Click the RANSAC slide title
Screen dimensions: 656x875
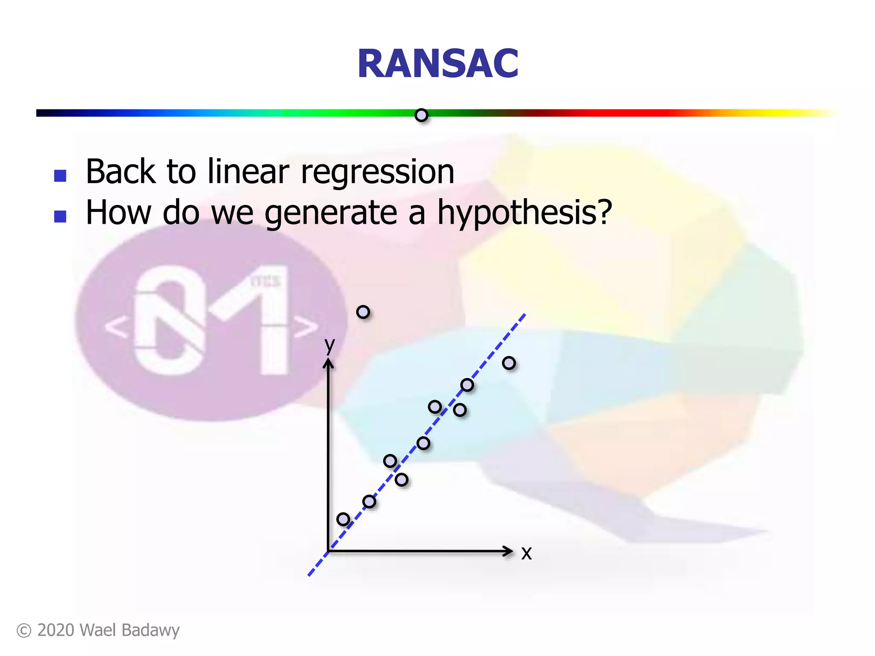pos(437,64)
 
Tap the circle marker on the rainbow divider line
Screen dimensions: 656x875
pos(421,115)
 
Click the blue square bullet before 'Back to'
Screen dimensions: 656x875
pos(60,176)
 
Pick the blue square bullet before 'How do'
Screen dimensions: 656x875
pos(60,217)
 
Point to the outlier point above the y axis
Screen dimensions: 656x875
pos(363,312)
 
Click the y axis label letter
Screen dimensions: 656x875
pos(329,345)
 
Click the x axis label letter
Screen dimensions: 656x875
pos(526,553)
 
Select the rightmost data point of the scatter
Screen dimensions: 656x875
pos(508,363)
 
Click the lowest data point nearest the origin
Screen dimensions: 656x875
pos(343,519)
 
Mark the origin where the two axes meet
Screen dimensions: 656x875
pos(328,551)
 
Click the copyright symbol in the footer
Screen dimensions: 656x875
pos(24,631)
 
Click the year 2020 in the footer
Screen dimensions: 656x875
pos(56,631)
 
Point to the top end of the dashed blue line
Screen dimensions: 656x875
pos(524,315)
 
